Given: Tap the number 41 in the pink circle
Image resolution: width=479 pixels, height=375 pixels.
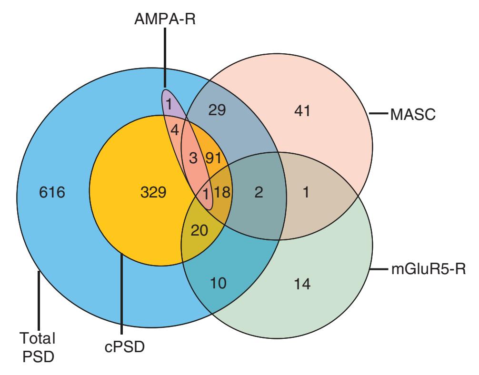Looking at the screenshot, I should click(302, 111).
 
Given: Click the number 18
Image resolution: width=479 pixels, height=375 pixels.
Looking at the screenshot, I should click(222, 192).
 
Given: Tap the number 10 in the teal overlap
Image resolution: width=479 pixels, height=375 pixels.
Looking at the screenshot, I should click(220, 284).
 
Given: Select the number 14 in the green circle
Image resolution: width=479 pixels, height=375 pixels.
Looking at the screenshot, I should click(302, 284).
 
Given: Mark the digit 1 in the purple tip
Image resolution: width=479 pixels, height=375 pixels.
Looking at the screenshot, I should click(169, 103).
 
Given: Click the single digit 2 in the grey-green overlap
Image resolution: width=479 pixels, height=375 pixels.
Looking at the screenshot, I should click(259, 192).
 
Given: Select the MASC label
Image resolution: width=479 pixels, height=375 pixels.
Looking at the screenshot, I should click(412, 115).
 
